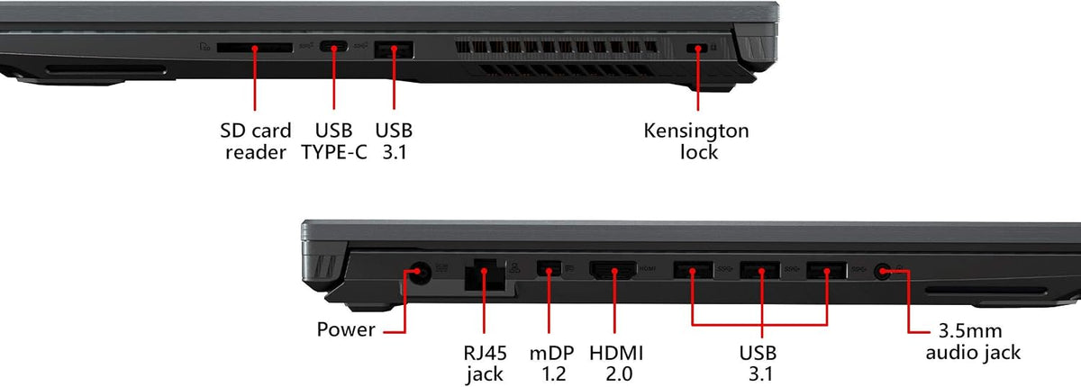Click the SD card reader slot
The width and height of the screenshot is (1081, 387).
click(x=255, y=48)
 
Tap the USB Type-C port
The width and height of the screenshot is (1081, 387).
click(x=333, y=47)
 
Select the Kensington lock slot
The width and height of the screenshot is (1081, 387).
click(x=697, y=48)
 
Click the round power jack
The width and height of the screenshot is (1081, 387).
click(x=418, y=274)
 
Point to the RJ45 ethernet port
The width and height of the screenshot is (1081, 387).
click(x=485, y=275)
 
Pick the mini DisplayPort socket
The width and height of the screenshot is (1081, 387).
click(x=549, y=268)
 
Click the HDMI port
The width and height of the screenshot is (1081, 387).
click(x=613, y=270)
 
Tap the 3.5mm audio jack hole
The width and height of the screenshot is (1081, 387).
click(x=883, y=271)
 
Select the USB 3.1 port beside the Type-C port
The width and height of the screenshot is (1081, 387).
click(x=394, y=49)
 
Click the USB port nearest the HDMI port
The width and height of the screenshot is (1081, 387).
click(x=693, y=270)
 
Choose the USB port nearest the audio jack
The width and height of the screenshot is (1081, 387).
click(x=826, y=270)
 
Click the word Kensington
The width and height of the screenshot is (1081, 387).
click(x=696, y=131)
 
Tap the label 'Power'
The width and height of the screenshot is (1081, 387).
click(x=346, y=329)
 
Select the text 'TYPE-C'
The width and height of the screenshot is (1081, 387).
click(x=334, y=152)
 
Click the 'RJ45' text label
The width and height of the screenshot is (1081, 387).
click(x=485, y=354)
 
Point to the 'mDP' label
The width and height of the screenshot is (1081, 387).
click(x=551, y=354)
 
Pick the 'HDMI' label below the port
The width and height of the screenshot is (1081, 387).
click(x=616, y=354)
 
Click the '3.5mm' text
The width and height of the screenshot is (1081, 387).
click(x=970, y=331)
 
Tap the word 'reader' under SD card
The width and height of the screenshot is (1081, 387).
click(x=256, y=153)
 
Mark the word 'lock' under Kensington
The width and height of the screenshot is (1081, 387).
click(x=699, y=152)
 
